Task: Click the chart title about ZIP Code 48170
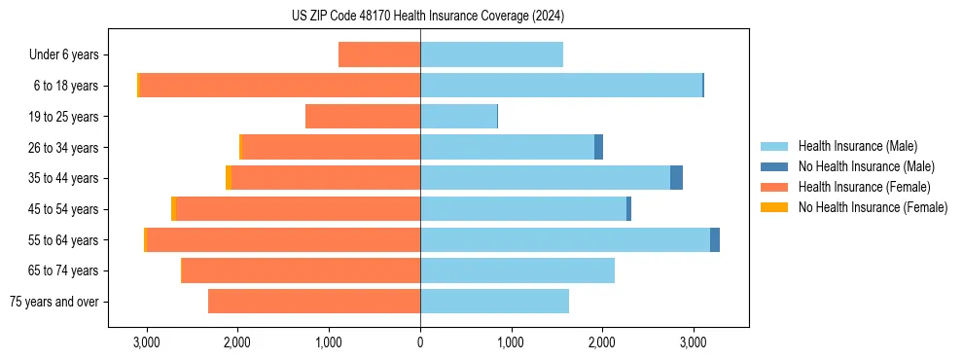428,16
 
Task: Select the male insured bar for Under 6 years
491,55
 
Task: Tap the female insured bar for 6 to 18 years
280,86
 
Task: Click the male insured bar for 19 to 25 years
458,117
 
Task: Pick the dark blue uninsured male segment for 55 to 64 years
715,239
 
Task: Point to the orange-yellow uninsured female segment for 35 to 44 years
229,178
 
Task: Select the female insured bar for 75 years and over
314,302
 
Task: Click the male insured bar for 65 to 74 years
517,270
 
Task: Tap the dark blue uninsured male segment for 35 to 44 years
677,178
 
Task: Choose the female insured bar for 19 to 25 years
363,117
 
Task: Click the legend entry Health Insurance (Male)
857,146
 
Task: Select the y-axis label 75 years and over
54,302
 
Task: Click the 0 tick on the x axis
420,342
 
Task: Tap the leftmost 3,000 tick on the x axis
147,342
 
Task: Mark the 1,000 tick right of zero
511,342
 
